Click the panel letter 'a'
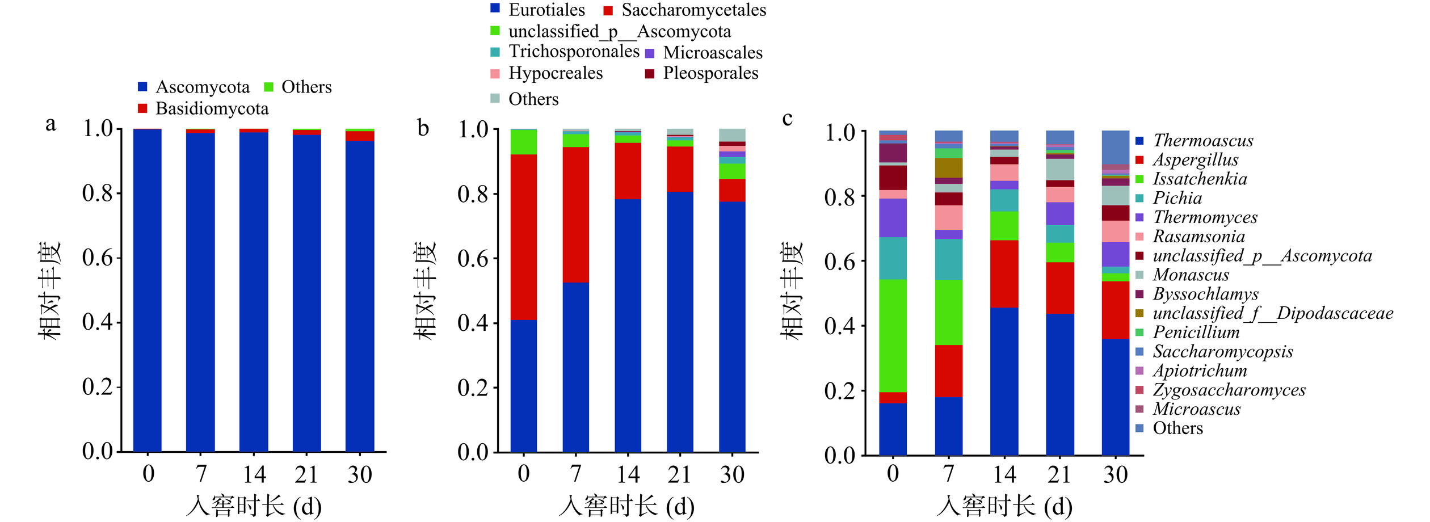[51, 124]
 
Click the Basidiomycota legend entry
[212, 108]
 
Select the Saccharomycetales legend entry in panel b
[693, 10]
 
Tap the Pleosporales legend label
[710, 73]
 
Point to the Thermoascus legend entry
[1203, 141]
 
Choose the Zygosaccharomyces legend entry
[1229, 390]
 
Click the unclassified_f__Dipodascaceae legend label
[1272, 313]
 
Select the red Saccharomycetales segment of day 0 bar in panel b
[523, 237]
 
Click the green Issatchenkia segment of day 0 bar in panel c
[893, 335]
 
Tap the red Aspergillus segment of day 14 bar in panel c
[1004, 273]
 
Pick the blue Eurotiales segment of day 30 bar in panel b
[732, 326]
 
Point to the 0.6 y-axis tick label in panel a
[98, 258]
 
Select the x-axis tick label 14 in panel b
[628, 474]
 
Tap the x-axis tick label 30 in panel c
[1115, 474]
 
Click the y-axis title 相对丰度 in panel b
[425, 291]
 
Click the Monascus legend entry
[1191, 275]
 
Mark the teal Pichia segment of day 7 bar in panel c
[948, 259]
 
